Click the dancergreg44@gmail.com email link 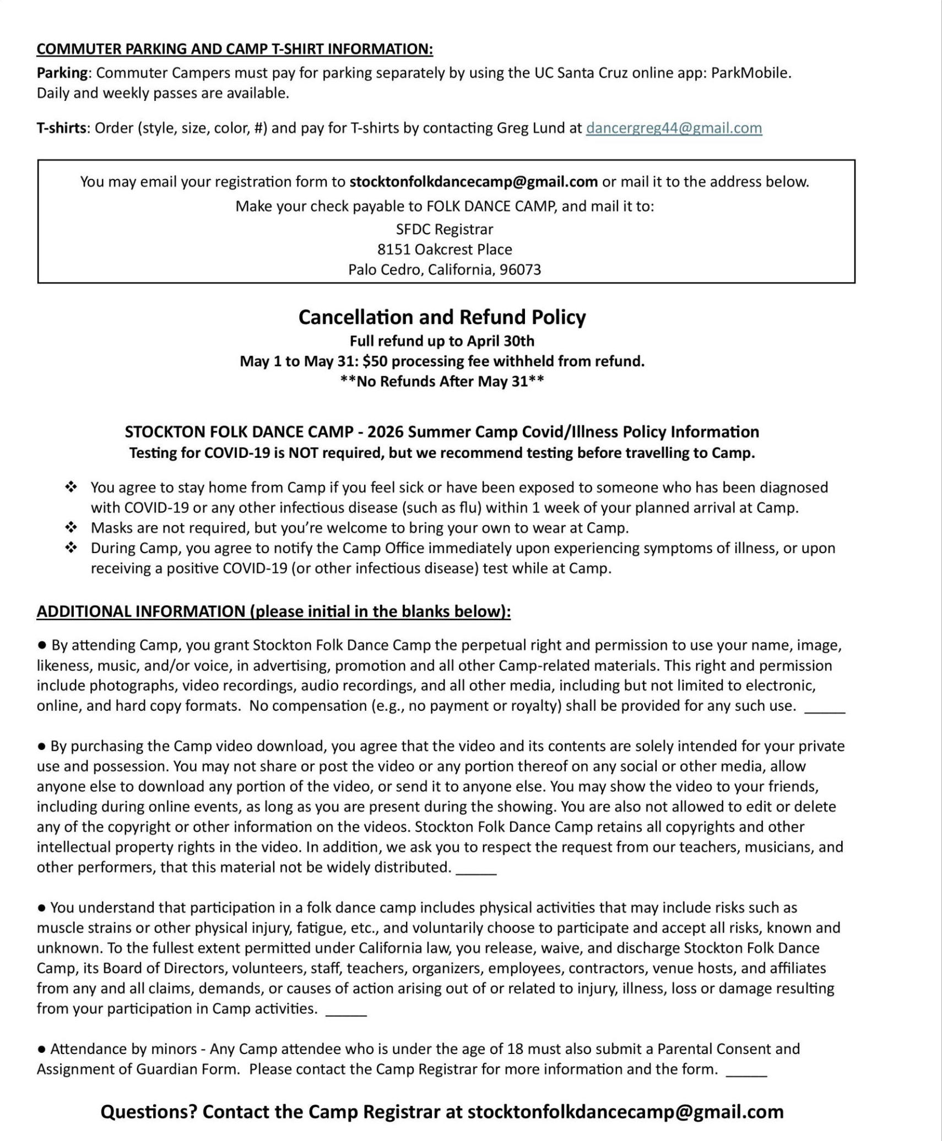pyautogui.click(x=673, y=128)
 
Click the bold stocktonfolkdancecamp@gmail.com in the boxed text pyautogui.click(x=473, y=182)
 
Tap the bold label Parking pyautogui.click(x=62, y=73)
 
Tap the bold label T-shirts pyautogui.click(x=61, y=128)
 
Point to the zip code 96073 pyautogui.click(x=520, y=270)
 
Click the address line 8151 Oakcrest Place pyautogui.click(x=445, y=250)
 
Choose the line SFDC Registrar pyautogui.click(x=445, y=229)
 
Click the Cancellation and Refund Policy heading pyautogui.click(x=442, y=317)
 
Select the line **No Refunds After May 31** pyautogui.click(x=442, y=382)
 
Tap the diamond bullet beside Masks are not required pyautogui.click(x=71, y=528)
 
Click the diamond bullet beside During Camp pyautogui.click(x=71, y=548)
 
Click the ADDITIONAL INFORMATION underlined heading pyautogui.click(x=273, y=612)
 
